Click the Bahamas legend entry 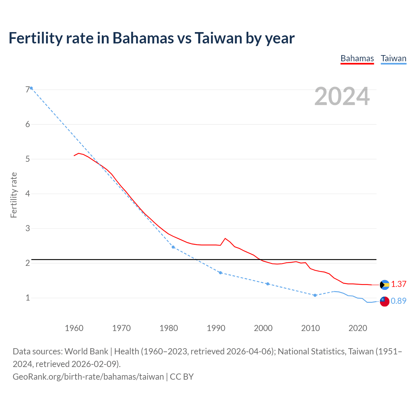coord(357,58)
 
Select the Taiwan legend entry coord(393,58)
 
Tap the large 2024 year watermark coord(342,96)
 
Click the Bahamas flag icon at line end coord(385,285)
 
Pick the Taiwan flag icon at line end coord(385,301)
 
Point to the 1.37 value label coord(398,284)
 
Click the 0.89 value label coord(398,301)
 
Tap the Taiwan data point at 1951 coord(31,88)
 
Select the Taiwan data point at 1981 coord(173,247)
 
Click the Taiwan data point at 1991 coord(220,273)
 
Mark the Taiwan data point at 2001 coord(268,284)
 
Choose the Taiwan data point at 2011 coord(315,295)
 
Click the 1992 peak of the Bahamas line coord(225,238)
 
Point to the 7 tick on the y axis coord(28,90)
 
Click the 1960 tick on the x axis coord(74,328)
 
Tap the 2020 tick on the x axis coord(358,328)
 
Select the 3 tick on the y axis coord(28,229)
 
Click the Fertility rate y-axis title coord(14,195)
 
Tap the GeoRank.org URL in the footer coord(88,376)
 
